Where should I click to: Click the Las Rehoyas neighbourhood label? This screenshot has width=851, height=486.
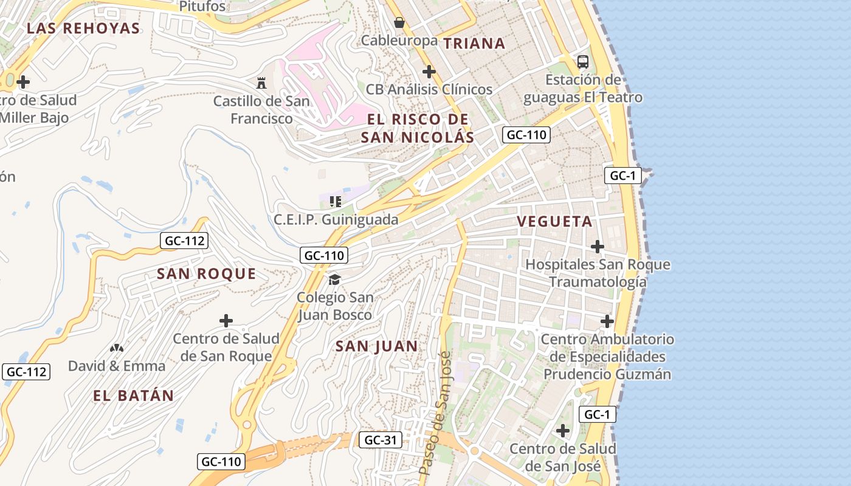coord(84,28)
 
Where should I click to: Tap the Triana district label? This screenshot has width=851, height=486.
coord(474,43)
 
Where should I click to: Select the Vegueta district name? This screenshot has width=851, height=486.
coord(554,222)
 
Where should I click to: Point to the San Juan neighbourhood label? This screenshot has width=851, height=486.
coord(377,346)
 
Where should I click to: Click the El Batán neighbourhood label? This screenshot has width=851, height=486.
coord(134,395)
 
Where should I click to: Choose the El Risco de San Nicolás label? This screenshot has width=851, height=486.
coord(418,128)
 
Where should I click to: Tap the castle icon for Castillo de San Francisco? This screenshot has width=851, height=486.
coord(261,83)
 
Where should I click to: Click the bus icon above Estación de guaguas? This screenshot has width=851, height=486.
coord(582,61)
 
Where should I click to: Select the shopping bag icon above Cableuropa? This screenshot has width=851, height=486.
coord(399,22)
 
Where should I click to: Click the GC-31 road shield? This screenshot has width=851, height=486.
coord(380,440)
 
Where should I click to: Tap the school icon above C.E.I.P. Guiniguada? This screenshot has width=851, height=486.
coord(335,201)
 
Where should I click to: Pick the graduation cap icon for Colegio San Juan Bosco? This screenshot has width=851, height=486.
coord(334,279)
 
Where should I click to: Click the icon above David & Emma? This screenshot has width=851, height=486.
coord(117,348)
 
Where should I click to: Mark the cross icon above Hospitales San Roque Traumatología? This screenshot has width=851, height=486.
coord(598,247)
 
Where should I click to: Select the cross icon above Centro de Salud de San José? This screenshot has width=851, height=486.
coord(563,431)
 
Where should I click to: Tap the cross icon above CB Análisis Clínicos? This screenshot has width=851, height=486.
coord(429,72)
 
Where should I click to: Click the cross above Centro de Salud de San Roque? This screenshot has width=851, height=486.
coord(226,321)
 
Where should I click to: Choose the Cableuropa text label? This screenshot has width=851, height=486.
coord(399,41)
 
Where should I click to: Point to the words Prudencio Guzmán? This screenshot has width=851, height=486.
coord(607,374)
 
